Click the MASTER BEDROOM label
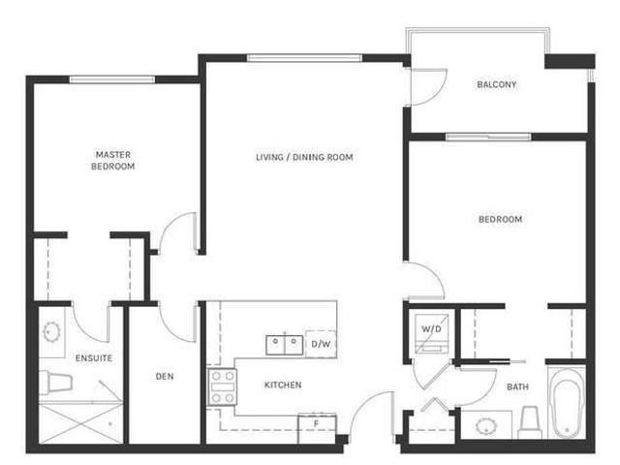[x=113, y=160]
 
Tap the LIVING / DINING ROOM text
[x=304, y=157]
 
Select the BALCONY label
[x=496, y=84]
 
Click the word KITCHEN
[x=283, y=385]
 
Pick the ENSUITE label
[x=95, y=358]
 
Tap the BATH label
[x=518, y=387]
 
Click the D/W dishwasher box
[x=321, y=343]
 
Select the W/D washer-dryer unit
[x=430, y=329]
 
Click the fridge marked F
[x=316, y=423]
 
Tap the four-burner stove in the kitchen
[x=223, y=386]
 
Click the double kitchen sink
[x=284, y=344]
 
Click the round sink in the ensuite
[x=52, y=333]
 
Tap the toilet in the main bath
[x=529, y=421]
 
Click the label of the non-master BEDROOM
[x=500, y=219]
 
